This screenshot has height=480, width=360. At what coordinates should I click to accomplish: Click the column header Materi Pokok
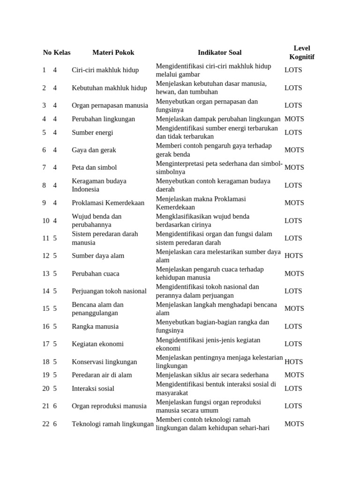coord(113,52)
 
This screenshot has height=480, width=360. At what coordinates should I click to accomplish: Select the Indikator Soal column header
coord(219,52)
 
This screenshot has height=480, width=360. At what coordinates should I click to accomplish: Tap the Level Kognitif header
coord(301,52)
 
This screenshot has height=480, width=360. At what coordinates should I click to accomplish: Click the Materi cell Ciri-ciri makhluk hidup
coord(105,70)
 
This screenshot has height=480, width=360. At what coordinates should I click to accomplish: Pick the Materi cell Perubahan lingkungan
coord(103,119)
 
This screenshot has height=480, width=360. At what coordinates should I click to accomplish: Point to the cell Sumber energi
coord(92,133)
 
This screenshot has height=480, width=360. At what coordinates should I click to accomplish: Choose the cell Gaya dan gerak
coord(94,150)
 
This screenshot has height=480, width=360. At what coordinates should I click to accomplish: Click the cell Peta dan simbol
coord(94,167)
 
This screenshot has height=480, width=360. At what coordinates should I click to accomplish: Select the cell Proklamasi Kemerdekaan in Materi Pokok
coord(108,203)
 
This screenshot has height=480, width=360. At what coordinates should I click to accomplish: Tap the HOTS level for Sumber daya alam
coord(293,256)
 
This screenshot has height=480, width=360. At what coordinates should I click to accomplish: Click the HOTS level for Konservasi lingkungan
coord(293,362)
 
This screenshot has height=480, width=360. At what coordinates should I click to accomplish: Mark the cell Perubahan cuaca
coord(95,274)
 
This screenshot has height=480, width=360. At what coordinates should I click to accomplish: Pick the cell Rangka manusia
coord(95,326)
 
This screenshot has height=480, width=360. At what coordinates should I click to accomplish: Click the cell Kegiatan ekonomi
coord(97,344)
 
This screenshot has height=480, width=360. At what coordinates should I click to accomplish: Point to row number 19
coord(45,375)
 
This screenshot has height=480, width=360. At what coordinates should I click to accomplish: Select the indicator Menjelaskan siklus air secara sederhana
coord(212,375)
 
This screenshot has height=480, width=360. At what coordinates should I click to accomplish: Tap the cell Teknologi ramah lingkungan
coord(112,424)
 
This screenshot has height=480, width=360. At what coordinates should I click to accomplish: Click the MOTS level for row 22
coord(294,424)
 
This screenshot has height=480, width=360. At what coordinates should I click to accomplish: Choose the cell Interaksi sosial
coord(93,389)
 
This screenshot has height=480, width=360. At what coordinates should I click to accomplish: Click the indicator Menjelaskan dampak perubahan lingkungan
coord(218,119)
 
